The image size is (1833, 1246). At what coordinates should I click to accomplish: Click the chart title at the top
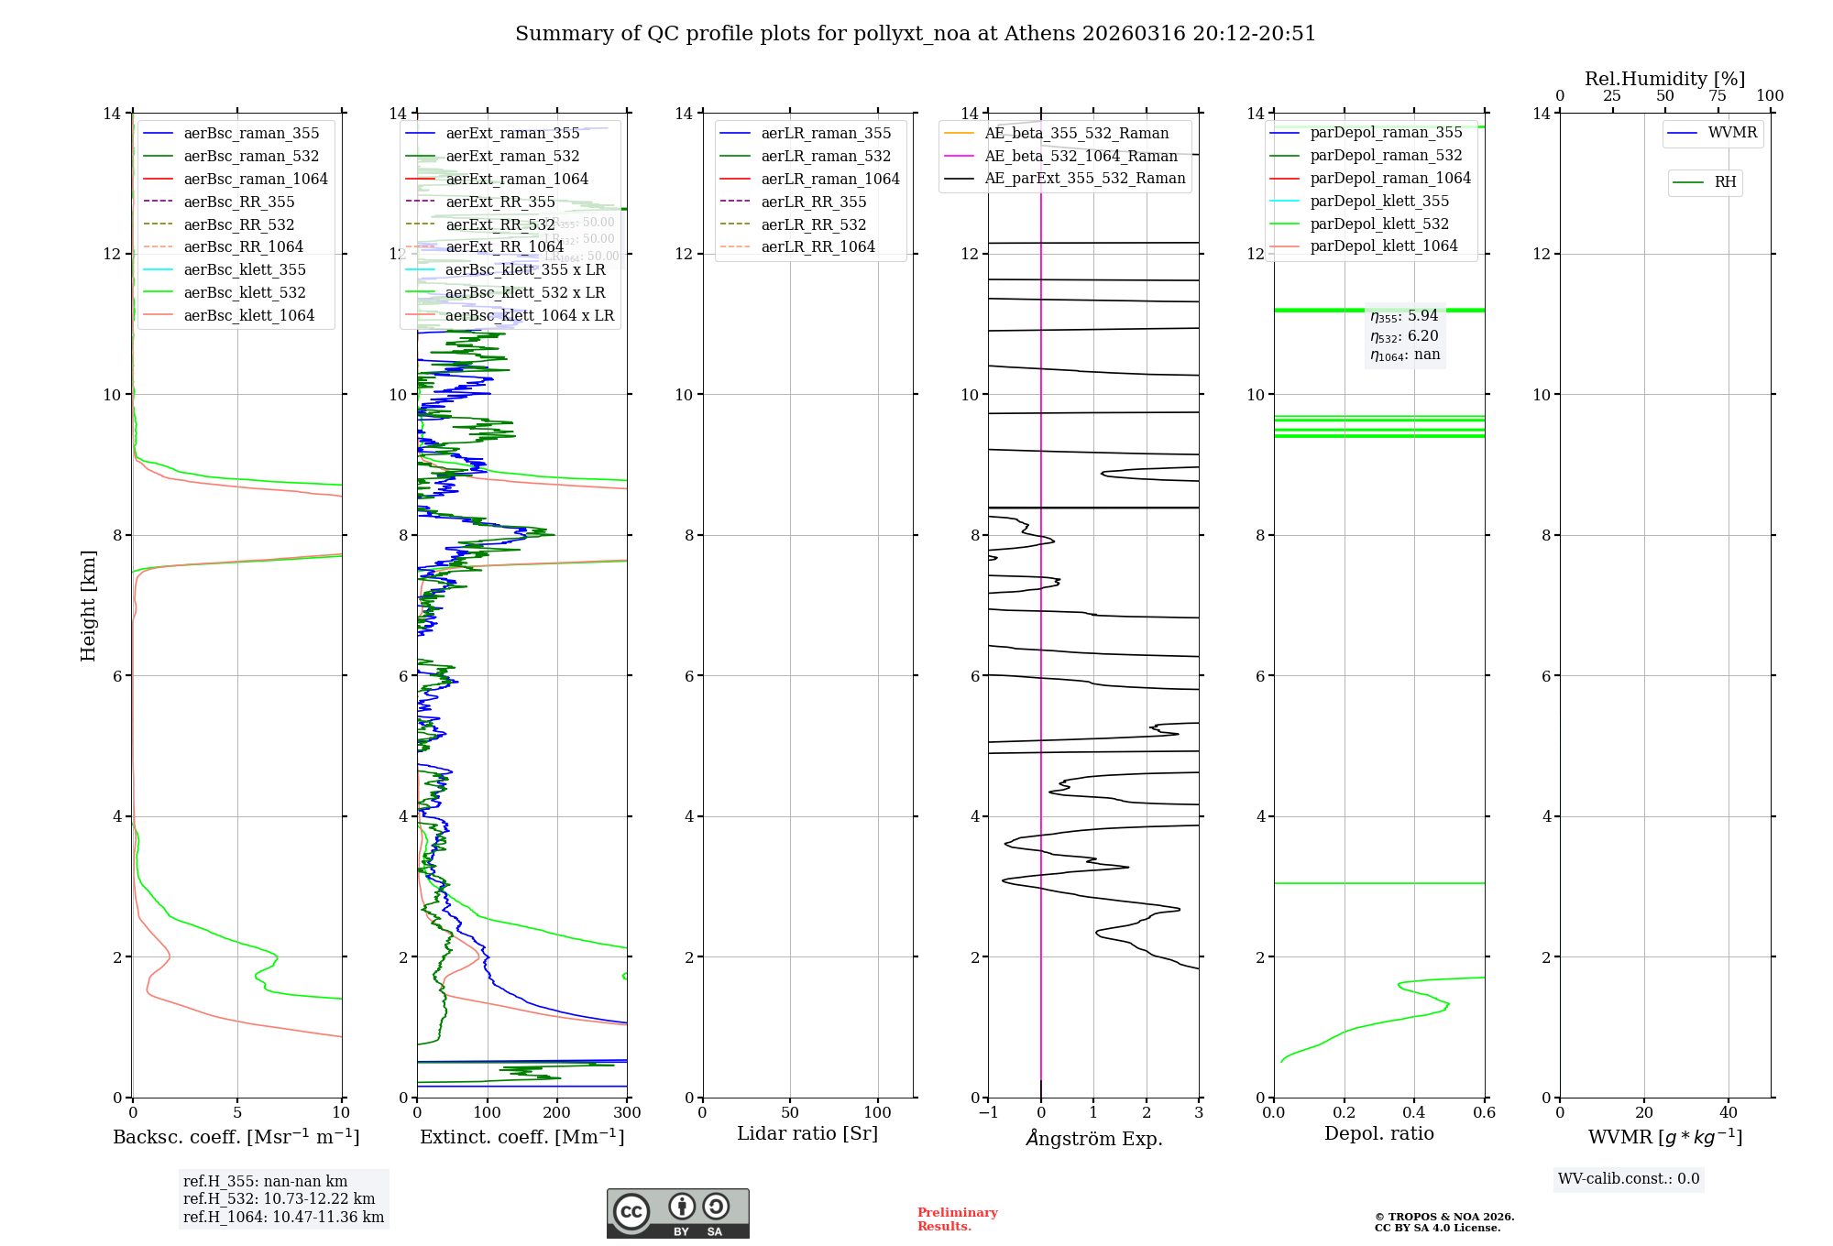click(x=916, y=34)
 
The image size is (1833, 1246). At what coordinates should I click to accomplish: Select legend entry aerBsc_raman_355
click(x=251, y=134)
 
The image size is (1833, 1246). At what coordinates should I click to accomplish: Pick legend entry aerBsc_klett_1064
click(x=248, y=315)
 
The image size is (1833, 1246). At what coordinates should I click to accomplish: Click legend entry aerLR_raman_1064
click(x=830, y=179)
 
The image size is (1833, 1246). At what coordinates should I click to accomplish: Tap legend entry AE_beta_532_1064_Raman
click(x=1081, y=156)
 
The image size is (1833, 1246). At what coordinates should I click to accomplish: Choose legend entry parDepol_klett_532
click(x=1379, y=224)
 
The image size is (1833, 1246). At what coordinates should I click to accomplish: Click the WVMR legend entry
click(x=1732, y=133)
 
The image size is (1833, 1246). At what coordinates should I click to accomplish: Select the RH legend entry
click(x=1725, y=182)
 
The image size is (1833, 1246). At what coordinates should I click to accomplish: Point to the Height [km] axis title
click(x=88, y=605)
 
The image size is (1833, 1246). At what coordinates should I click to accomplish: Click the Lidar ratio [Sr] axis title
click(x=807, y=1133)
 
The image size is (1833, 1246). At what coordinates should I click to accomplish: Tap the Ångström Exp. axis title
click(x=1093, y=1138)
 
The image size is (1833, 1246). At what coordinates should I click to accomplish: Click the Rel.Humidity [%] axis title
click(x=1664, y=79)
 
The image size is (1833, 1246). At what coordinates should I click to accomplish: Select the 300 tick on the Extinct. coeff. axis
click(x=627, y=1112)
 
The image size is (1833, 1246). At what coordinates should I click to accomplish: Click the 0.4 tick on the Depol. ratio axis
click(x=1414, y=1112)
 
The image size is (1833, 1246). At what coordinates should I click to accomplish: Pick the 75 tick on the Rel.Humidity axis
click(x=1718, y=96)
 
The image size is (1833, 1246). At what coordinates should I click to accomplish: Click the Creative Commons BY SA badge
click(x=677, y=1213)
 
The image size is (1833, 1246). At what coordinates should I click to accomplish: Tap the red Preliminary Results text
click(x=957, y=1219)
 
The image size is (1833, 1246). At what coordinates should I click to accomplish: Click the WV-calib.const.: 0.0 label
click(x=1629, y=1179)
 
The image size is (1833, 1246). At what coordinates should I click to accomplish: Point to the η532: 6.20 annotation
click(x=1404, y=336)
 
